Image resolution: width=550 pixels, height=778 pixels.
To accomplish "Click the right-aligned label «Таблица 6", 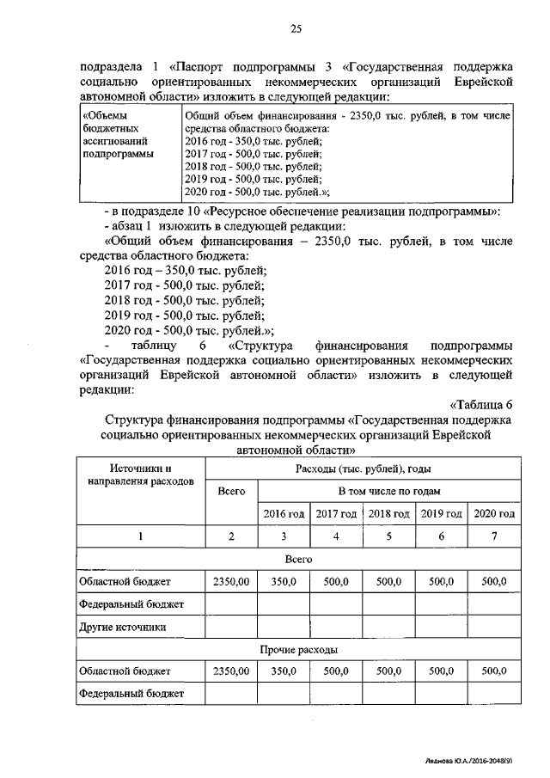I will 480,405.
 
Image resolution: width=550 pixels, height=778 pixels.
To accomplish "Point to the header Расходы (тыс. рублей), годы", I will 363,469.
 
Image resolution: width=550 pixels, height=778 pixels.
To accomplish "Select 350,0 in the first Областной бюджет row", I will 284,582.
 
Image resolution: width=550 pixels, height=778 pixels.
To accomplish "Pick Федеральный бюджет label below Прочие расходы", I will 130,692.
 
